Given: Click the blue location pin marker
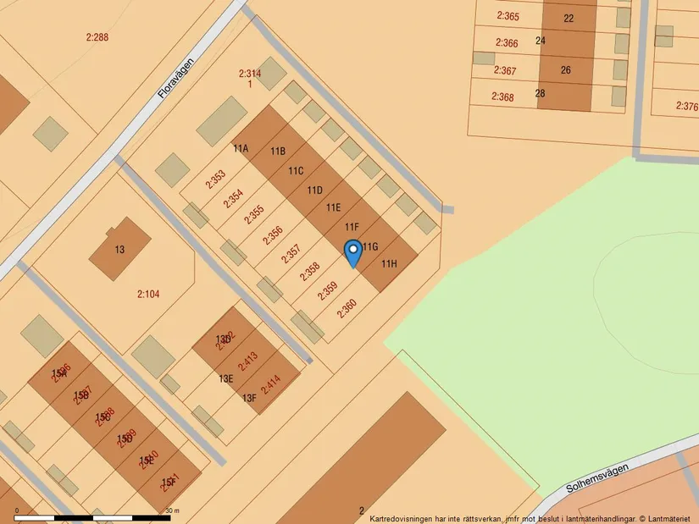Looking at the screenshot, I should click(353, 253).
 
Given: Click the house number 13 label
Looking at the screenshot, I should click(119, 250).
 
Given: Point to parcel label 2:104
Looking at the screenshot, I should click(148, 295).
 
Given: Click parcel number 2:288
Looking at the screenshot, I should click(97, 37).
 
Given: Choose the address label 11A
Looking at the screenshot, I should click(241, 149).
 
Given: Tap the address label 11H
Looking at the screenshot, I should click(388, 264).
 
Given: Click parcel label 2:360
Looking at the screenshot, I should click(347, 309).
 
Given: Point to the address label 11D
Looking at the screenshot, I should click(315, 190).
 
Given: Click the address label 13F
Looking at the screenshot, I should click(249, 398).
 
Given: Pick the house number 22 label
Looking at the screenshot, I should click(568, 19).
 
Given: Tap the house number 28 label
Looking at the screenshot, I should click(541, 93).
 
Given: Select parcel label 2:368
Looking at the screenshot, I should click(503, 97).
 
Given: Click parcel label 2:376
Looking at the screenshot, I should click(686, 107).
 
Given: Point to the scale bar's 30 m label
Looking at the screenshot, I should click(173, 510).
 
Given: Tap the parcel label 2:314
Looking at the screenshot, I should click(250, 74).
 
